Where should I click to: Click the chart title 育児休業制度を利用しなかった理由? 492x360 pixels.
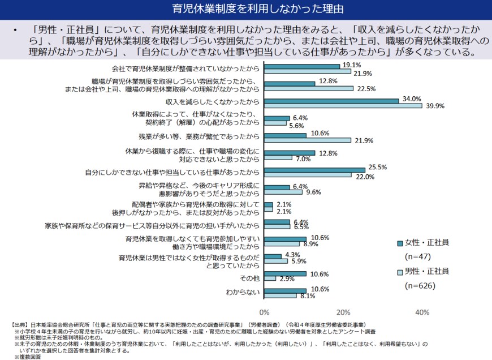246,10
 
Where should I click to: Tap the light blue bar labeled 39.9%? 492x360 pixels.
343,105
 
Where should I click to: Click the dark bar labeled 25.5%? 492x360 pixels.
314,170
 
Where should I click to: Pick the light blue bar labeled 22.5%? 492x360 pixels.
309,88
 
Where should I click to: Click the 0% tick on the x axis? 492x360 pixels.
264,312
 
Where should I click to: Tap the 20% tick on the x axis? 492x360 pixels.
343,312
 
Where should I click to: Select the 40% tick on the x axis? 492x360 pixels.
422,312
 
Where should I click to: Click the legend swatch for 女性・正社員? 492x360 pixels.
400,243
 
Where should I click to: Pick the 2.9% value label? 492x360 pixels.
287,279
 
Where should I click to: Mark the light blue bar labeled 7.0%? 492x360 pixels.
278,158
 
